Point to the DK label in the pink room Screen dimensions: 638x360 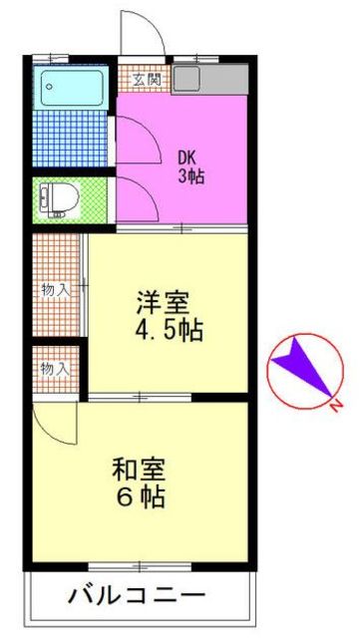[x=188, y=158]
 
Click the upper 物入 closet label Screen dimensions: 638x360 [x=56, y=290]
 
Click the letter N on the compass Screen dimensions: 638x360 [x=336, y=405]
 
